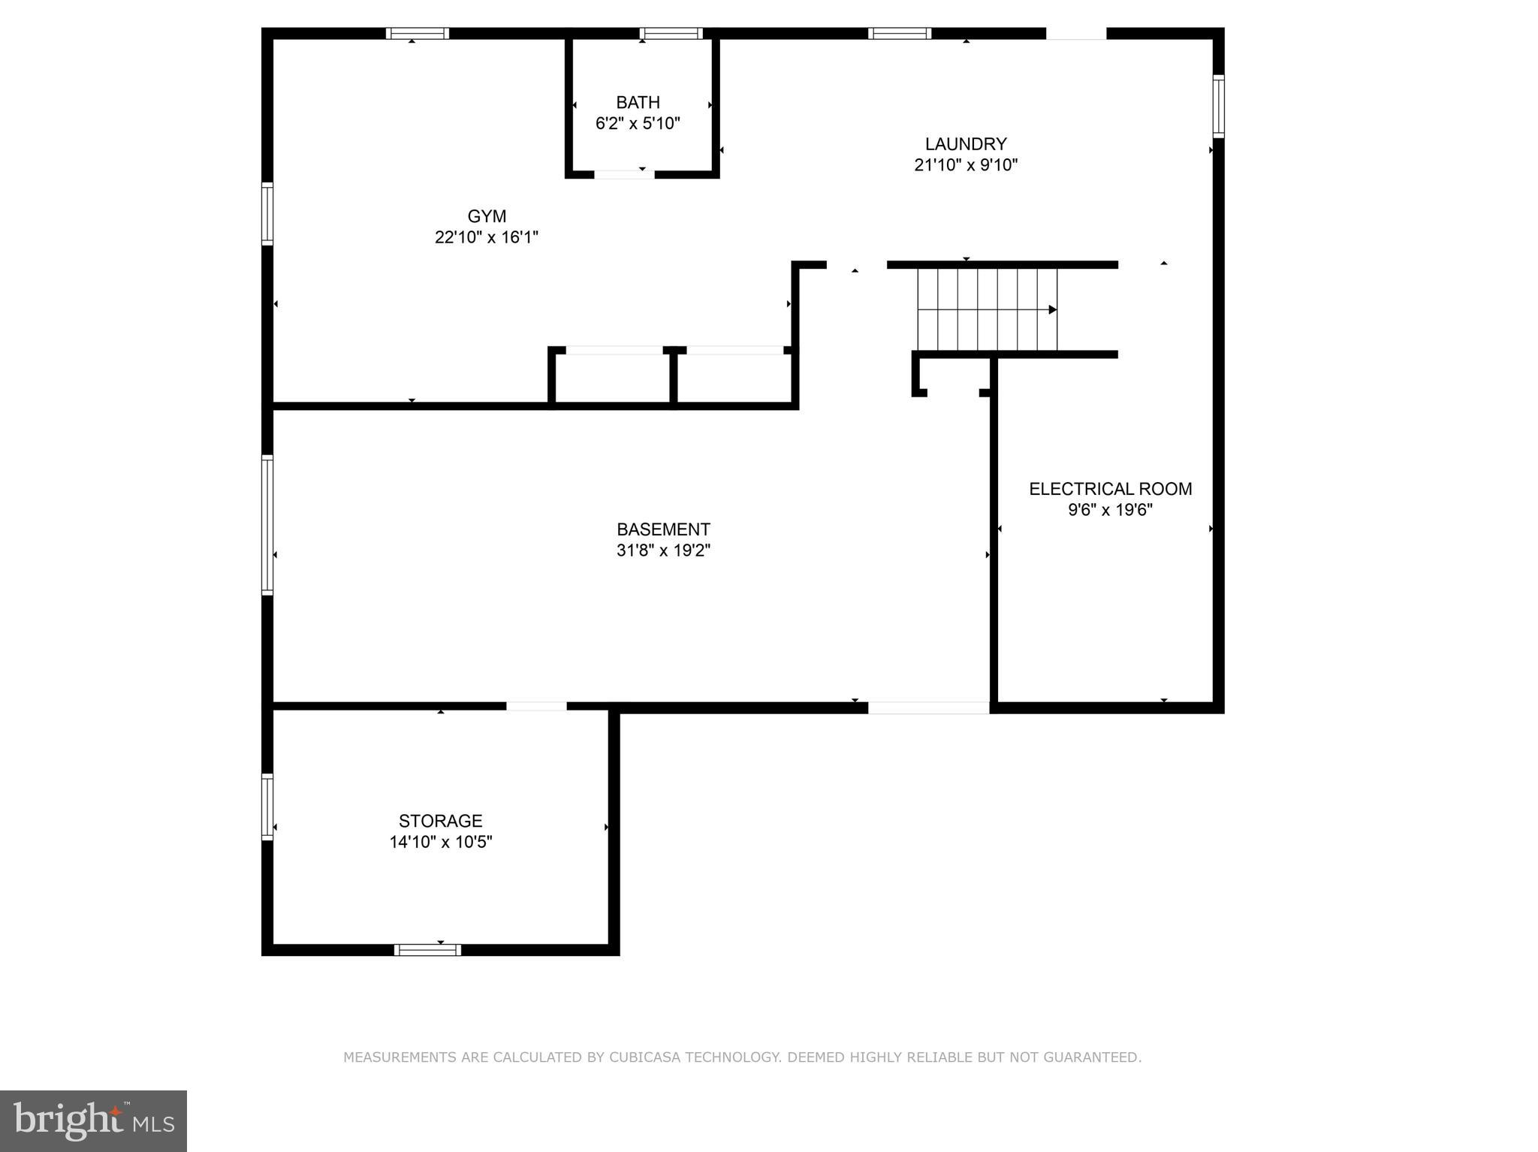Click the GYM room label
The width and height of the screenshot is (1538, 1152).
(487, 216)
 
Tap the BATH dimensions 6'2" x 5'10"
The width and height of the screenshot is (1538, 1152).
(638, 123)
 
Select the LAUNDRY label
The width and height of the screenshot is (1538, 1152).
(966, 143)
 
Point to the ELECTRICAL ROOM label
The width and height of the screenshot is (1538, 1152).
(1110, 489)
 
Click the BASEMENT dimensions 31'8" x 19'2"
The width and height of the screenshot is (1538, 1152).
(663, 550)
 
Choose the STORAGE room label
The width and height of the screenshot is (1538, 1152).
(440, 821)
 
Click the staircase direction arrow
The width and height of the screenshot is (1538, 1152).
(1052, 309)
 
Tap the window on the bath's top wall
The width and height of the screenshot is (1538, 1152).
(671, 33)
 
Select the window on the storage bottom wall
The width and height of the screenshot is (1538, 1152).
(427, 950)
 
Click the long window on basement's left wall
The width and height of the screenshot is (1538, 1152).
(267, 525)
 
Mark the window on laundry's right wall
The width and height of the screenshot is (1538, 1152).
(1218, 106)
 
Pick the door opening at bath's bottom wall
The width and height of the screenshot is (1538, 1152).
(623, 174)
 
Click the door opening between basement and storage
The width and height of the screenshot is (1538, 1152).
(536, 706)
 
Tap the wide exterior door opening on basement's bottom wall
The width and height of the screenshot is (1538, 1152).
(928, 707)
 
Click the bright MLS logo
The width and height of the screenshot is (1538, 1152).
(93, 1120)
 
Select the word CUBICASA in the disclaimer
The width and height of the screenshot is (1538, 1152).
(645, 1057)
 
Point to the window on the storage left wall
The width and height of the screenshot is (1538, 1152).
(267, 807)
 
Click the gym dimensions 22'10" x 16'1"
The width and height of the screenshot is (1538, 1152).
(487, 237)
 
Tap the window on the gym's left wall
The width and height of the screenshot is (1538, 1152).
(267, 213)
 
